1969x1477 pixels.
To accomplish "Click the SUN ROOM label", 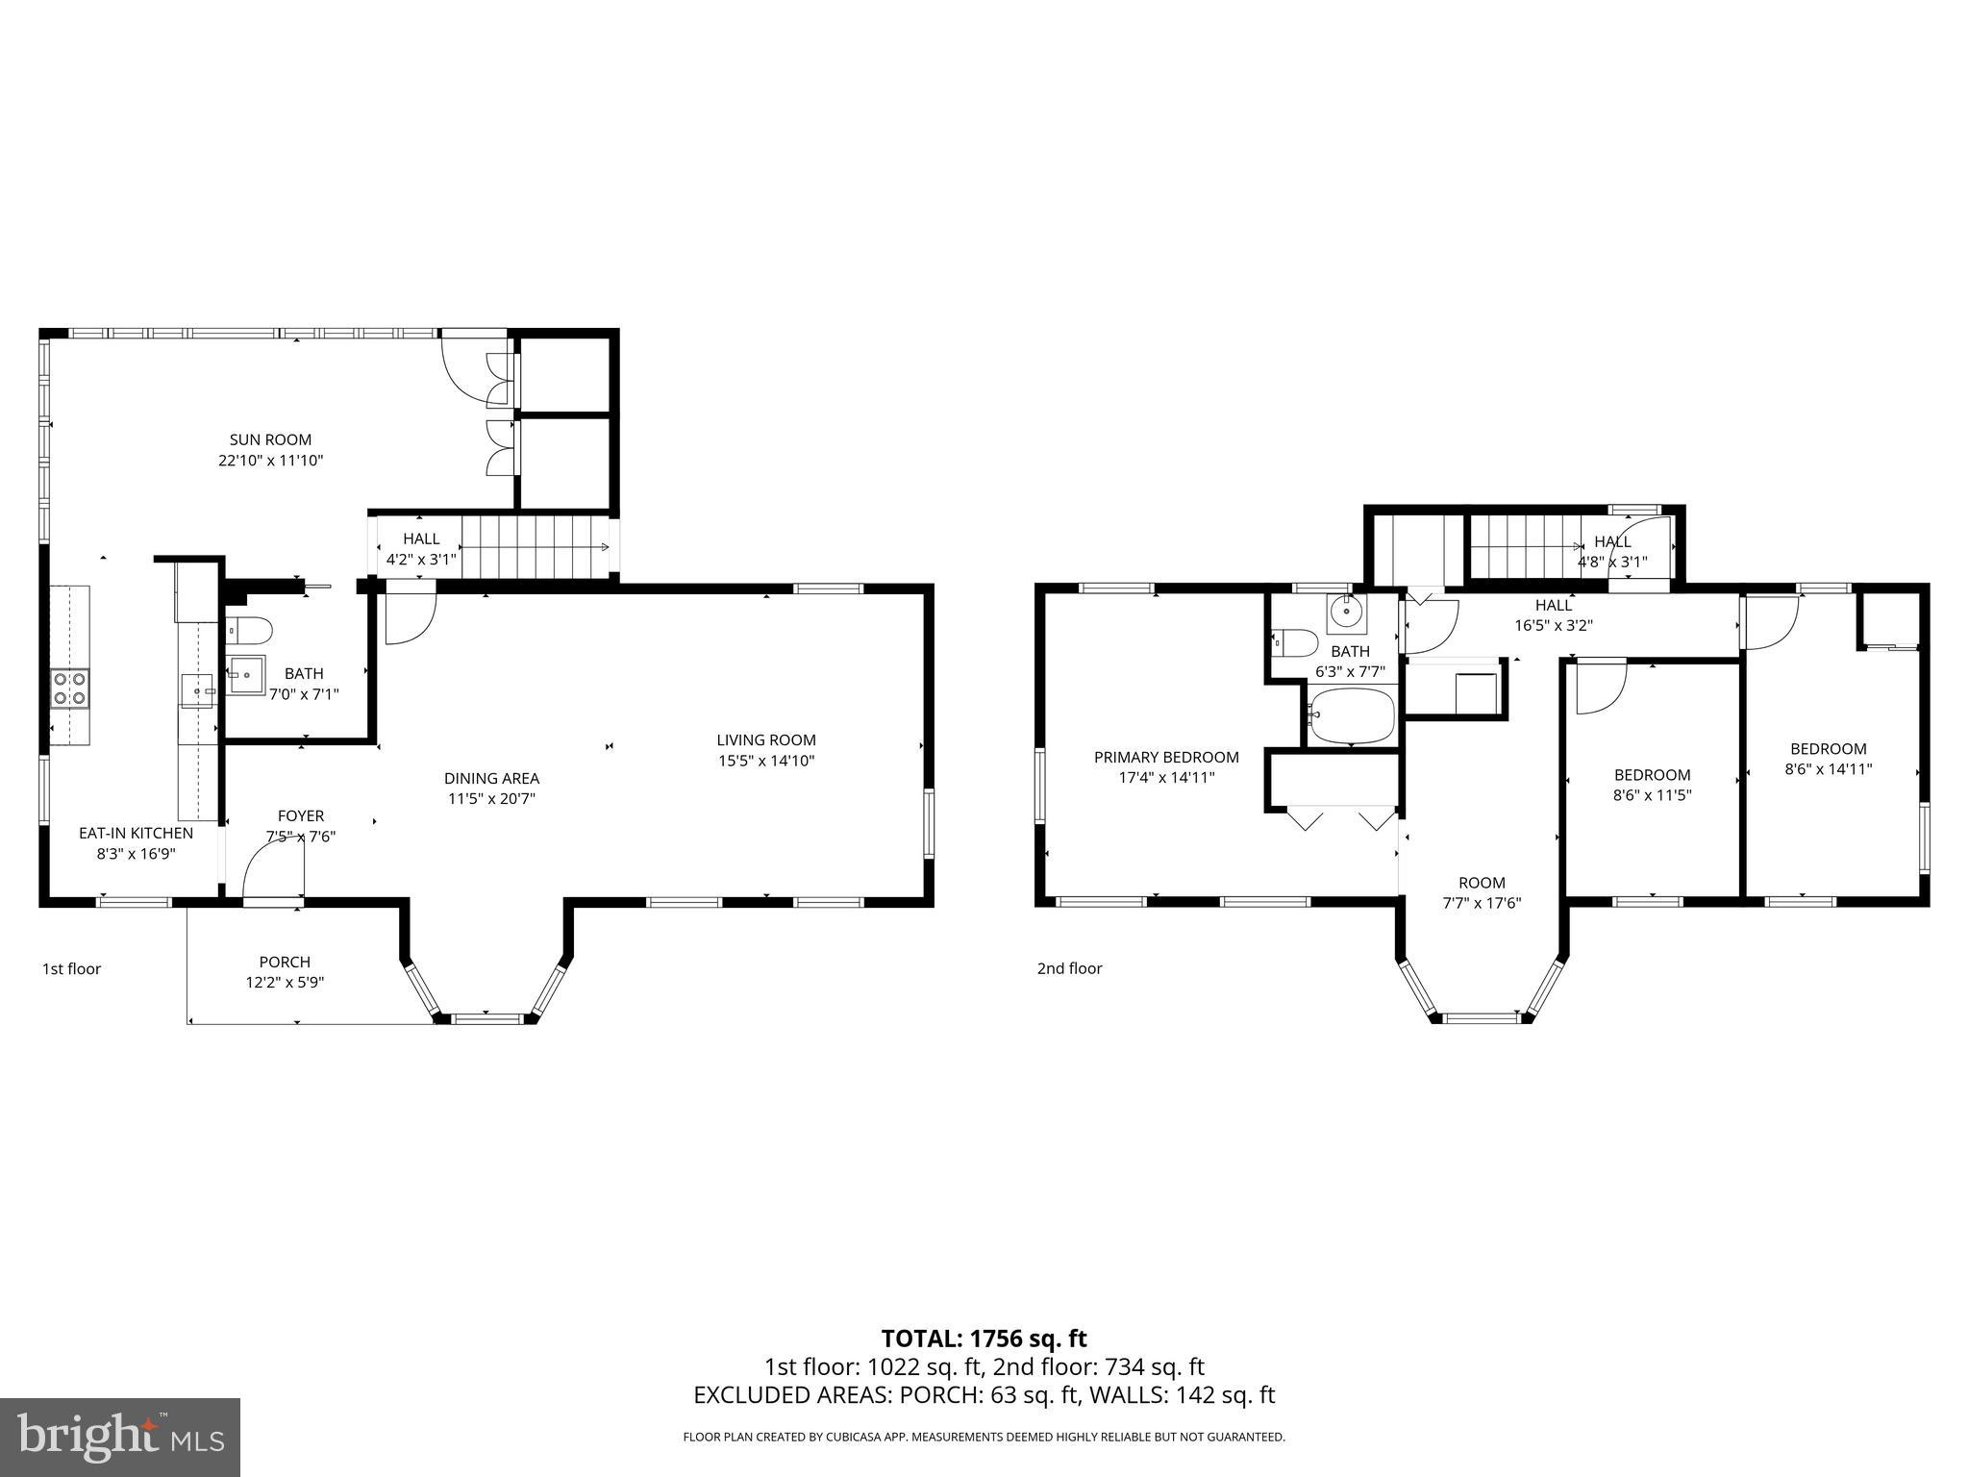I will pyautogui.click(x=270, y=439).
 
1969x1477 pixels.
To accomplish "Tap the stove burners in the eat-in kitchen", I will pyautogui.click(x=69, y=688).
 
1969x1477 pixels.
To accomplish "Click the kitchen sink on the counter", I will pyautogui.click(x=197, y=689).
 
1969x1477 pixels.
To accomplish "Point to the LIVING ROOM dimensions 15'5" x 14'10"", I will pyautogui.click(x=766, y=761).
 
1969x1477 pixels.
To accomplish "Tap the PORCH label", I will pyautogui.click(x=285, y=962).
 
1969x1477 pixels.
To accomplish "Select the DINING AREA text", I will pyautogui.click(x=491, y=778).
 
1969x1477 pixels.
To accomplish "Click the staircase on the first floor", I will pyautogui.click(x=534, y=547).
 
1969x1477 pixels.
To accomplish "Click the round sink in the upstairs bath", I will pyautogui.click(x=1347, y=611).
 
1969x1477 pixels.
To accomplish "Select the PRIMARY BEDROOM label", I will pyautogui.click(x=1166, y=757).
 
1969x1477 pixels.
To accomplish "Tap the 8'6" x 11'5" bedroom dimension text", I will pyautogui.click(x=1652, y=795).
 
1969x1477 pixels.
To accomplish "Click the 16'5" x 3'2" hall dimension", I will pyautogui.click(x=1554, y=625).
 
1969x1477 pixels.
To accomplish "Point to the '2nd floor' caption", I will pyautogui.click(x=1069, y=968).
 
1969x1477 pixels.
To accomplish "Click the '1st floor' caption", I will pyautogui.click(x=71, y=968).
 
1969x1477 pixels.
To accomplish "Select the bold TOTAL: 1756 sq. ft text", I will pyautogui.click(x=984, y=1338).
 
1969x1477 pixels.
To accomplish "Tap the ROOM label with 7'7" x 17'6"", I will pyautogui.click(x=1482, y=883).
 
